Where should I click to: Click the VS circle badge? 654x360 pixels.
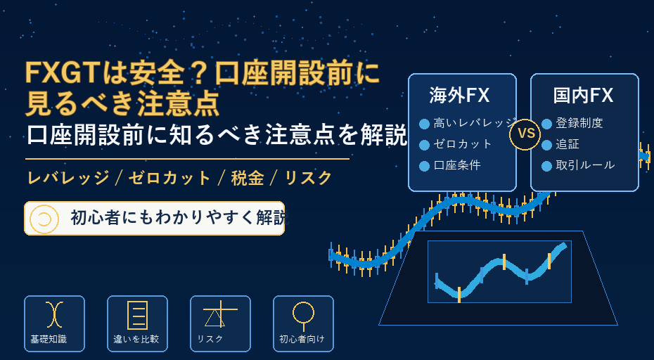click(525, 134)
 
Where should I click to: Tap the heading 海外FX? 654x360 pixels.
click(459, 96)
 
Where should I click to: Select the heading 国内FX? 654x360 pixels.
click(583, 96)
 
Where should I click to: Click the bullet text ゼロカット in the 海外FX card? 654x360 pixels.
click(463, 144)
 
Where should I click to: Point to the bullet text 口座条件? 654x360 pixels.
click(457, 165)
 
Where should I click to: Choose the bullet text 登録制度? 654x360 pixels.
click(579, 123)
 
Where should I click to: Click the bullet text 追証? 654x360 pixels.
click(568, 144)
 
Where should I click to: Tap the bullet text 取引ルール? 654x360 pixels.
click(585, 165)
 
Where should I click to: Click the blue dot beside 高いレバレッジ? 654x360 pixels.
click(424, 124)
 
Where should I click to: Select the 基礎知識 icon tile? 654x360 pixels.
click(54, 323)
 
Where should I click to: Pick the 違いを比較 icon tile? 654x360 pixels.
click(137, 323)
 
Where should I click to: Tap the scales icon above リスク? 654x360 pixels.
click(220, 314)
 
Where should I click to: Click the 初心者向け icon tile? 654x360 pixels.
click(303, 323)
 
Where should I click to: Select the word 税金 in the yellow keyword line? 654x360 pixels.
click(248, 179)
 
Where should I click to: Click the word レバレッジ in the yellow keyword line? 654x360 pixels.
click(68, 179)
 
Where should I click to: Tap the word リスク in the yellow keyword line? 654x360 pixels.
click(308, 179)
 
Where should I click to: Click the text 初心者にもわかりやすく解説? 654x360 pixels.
click(179, 218)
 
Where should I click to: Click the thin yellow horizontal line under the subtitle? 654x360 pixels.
click(187, 159)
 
